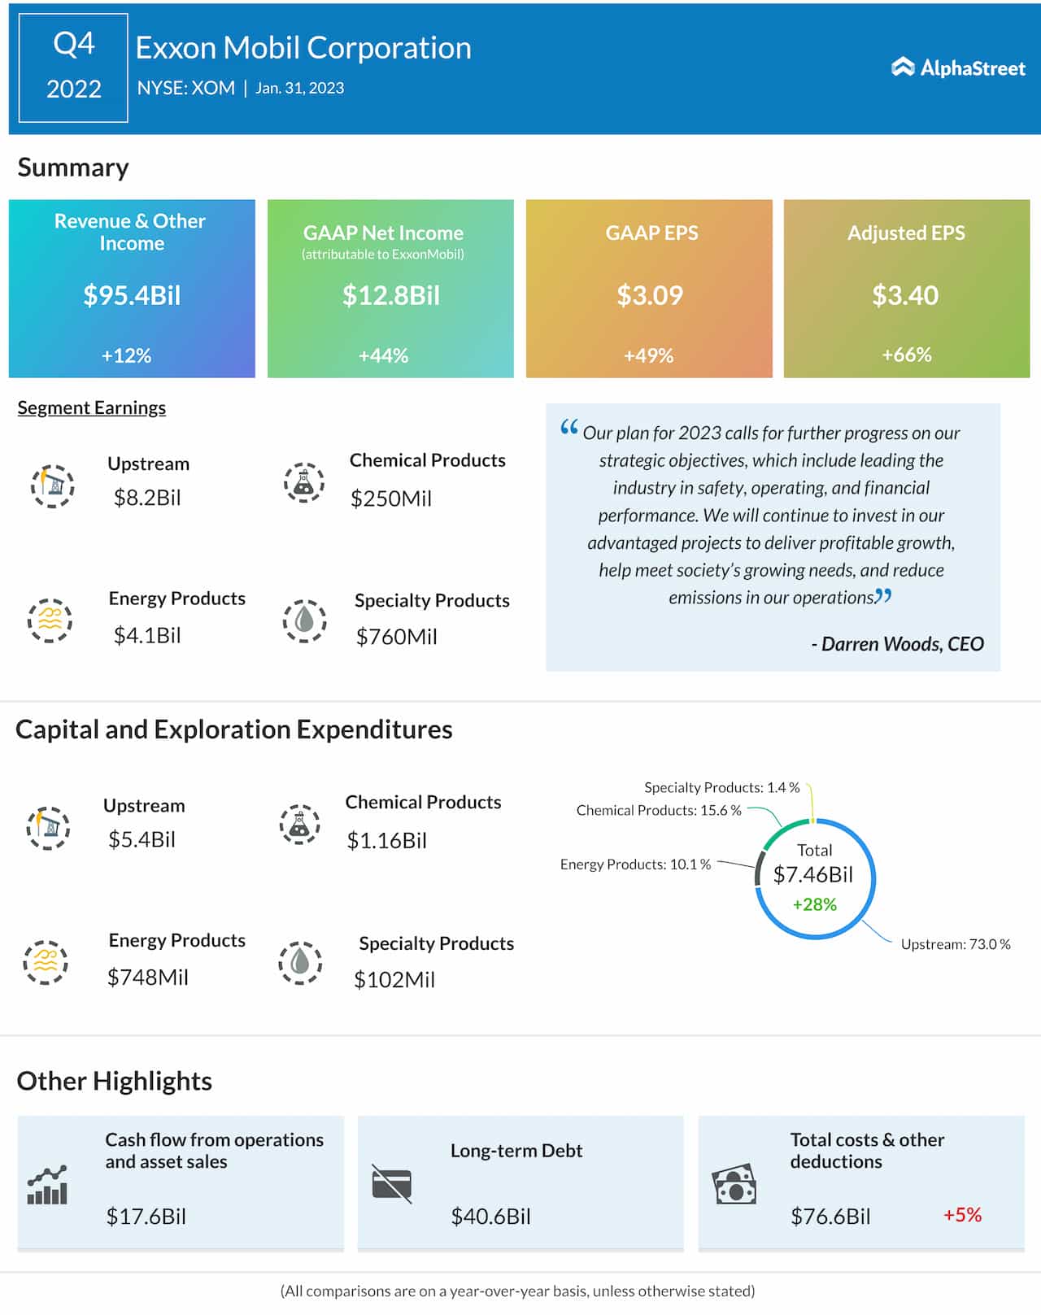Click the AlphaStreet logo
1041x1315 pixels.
(958, 67)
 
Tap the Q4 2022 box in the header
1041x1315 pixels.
(73, 67)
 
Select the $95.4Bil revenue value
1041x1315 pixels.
(132, 295)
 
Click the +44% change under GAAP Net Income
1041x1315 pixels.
(383, 355)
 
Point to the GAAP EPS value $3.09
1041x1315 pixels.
(649, 295)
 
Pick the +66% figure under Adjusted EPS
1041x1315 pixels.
(906, 355)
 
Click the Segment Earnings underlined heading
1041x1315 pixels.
(92, 407)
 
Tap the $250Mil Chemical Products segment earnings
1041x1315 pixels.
(390, 499)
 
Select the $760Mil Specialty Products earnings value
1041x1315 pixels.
(396, 637)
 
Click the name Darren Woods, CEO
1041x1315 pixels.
(897, 644)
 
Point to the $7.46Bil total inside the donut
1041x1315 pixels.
(813, 875)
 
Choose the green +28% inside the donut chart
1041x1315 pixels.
(814, 904)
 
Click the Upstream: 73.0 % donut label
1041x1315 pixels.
(955, 944)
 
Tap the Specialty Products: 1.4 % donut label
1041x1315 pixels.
(721, 787)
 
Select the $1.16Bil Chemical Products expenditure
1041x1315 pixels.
(386, 841)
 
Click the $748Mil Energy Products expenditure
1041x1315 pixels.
(147, 978)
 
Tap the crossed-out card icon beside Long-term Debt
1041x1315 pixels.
(391, 1183)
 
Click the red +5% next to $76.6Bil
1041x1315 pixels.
(962, 1215)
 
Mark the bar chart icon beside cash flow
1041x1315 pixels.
(47, 1185)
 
